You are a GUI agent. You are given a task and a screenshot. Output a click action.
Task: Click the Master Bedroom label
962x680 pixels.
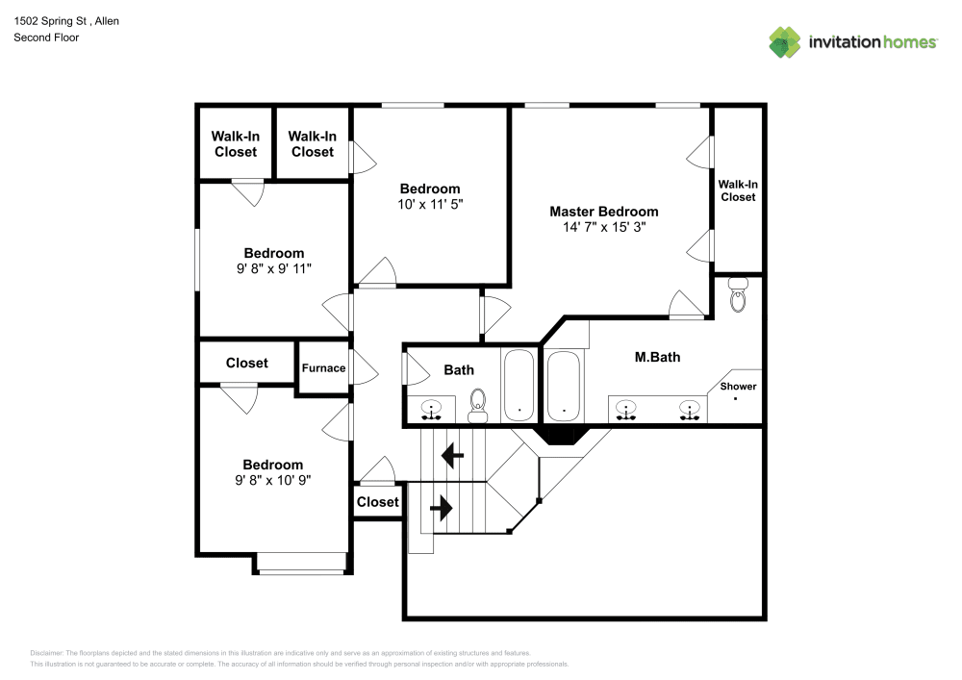click(x=603, y=212)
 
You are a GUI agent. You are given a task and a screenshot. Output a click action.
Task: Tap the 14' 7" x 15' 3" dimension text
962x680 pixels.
click(x=603, y=228)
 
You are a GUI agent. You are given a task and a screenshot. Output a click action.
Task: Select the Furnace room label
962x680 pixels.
click(x=323, y=368)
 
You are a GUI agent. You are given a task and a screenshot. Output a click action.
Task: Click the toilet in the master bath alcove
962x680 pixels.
click(x=738, y=295)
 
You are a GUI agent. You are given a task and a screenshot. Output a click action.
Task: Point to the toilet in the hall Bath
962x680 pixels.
click(x=478, y=406)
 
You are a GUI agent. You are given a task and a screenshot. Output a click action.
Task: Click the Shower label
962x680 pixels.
click(x=738, y=387)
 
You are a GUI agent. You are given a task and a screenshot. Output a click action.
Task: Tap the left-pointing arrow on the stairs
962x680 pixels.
click(x=451, y=453)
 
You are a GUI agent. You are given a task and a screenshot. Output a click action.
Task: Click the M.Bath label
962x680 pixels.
click(x=657, y=357)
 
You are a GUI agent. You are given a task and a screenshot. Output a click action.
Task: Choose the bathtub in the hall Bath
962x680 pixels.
click(x=519, y=386)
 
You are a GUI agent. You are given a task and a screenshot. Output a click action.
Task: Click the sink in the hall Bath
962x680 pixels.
click(x=432, y=410)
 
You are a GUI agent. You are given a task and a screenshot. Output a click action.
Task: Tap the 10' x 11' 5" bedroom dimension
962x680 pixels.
click(x=430, y=205)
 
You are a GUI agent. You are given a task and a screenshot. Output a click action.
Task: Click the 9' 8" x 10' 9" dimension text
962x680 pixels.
click(x=273, y=480)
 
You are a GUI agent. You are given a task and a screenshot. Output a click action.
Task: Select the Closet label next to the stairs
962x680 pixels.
click(x=377, y=502)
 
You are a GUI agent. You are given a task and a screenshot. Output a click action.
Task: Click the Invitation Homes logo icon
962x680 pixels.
click(x=784, y=42)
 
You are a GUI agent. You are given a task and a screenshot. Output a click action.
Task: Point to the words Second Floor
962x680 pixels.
click(x=46, y=38)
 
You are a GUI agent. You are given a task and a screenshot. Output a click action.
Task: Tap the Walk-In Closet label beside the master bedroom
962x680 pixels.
click(x=738, y=190)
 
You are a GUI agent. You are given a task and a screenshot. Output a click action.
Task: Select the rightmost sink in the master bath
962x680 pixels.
click(x=689, y=410)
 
